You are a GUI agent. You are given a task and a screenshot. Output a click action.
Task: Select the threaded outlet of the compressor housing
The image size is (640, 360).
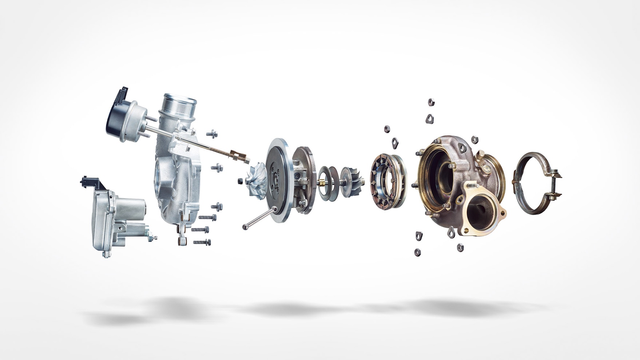(x=179, y=104)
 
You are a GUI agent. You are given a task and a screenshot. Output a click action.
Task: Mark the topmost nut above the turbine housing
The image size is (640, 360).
(x=431, y=102)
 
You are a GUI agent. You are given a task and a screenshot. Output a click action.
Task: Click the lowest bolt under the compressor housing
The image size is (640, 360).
(x=202, y=242)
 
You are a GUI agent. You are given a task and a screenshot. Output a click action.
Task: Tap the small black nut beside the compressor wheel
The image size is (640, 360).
(x=240, y=181)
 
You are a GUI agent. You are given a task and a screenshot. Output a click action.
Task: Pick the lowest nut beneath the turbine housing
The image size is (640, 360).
(x=418, y=252)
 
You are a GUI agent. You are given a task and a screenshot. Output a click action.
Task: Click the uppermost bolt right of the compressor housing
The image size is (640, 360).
(x=212, y=134)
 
